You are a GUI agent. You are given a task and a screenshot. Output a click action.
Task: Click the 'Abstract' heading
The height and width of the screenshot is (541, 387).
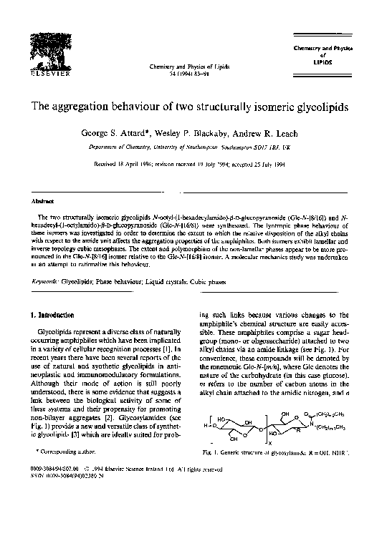pyautogui.click(x=37, y=201)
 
